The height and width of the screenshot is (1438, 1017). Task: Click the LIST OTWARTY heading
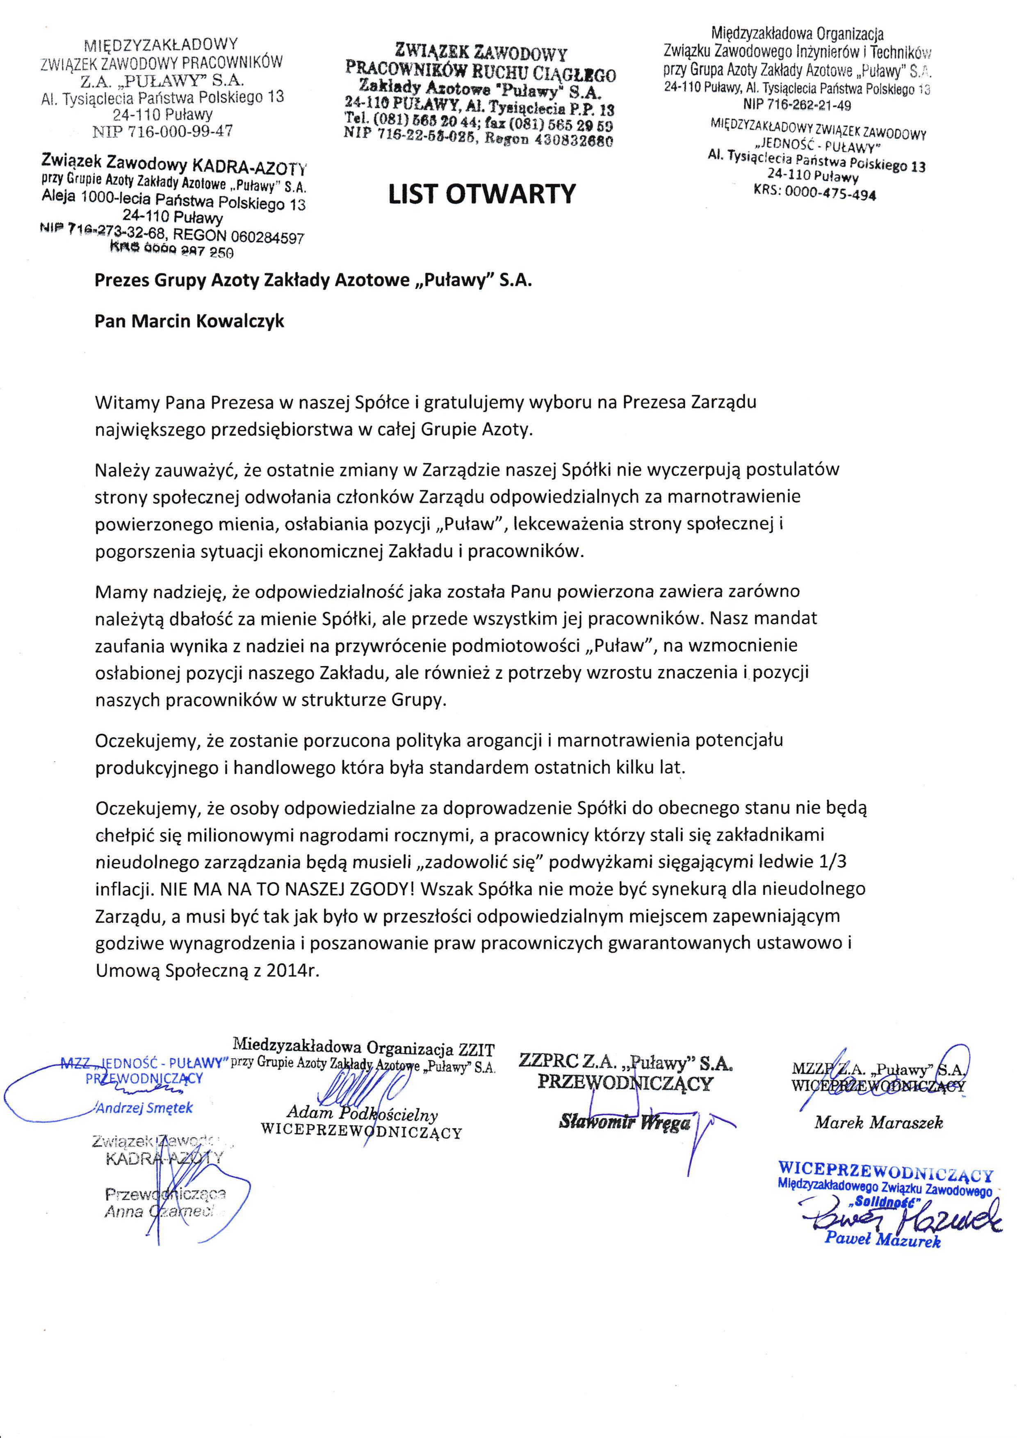[481, 194]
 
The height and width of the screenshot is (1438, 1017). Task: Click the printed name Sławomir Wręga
[625, 1122]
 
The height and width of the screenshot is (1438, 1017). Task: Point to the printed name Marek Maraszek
[878, 1123]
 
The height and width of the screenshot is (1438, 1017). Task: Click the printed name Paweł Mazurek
[882, 1238]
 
